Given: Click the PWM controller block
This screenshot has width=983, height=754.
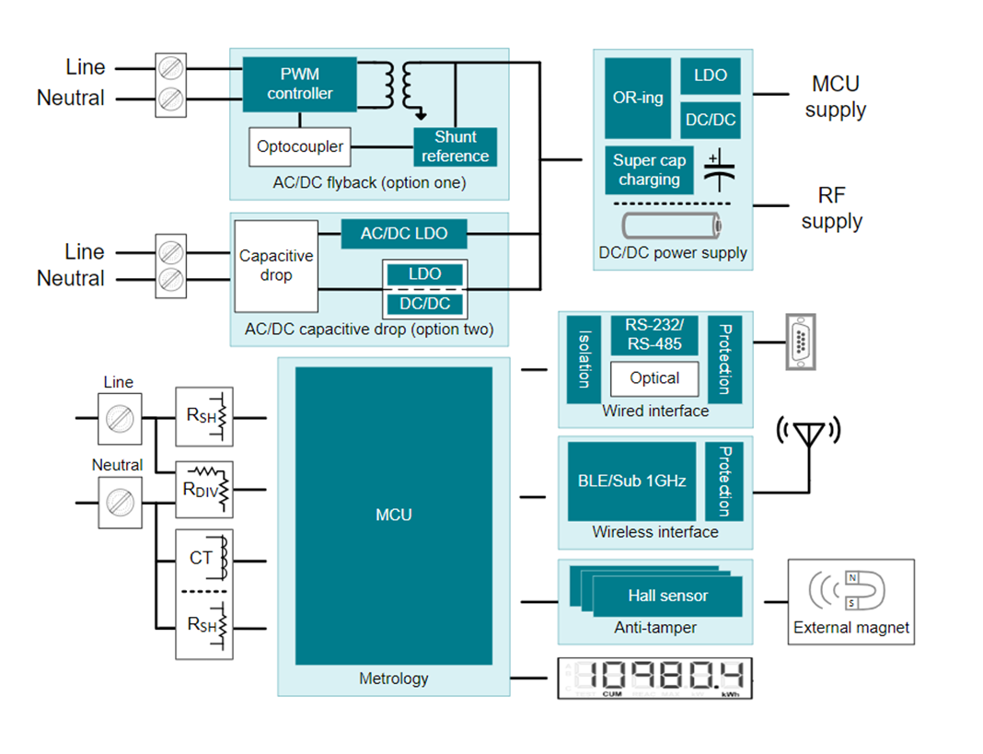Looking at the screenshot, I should [x=299, y=84].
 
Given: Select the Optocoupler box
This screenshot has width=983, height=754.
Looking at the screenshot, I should [x=300, y=146].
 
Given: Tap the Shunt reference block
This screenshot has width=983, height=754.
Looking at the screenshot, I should [x=455, y=146].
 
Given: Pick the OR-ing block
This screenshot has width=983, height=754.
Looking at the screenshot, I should [x=638, y=98].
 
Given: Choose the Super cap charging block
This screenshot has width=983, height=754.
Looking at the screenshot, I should [x=649, y=170].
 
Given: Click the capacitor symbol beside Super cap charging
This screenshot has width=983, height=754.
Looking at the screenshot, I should [x=719, y=169].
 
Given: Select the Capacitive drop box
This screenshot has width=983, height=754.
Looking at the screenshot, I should [x=276, y=265].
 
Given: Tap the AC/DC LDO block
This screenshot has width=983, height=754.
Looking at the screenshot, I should [x=404, y=234].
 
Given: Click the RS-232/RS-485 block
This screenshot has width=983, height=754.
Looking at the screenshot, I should [x=654, y=335].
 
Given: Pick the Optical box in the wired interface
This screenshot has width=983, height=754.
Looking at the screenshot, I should [x=654, y=378].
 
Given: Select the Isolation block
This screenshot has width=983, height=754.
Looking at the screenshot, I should [x=584, y=359].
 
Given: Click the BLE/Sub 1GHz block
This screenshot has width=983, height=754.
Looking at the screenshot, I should [x=631, y=481].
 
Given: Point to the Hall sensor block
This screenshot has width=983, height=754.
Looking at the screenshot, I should [x=666, y=596].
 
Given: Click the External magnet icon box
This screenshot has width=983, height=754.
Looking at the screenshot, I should [x=850, y=601].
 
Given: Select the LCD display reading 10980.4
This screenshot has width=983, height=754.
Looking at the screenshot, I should [x=655, y=679].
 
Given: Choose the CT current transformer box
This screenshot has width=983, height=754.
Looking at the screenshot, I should [x=204, y=558].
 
